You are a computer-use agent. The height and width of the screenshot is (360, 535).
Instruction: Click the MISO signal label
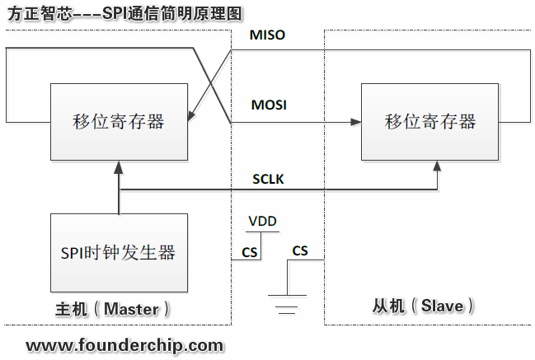point(268,35)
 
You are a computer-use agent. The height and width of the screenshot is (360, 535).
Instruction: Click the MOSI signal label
point(269,105)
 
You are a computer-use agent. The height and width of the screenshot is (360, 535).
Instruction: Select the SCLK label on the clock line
point(268,180)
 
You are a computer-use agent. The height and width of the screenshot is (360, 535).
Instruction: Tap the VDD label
point(263,221)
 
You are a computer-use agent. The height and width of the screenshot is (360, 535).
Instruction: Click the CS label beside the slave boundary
point(300,250)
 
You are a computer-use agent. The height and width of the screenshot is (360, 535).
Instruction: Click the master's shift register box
point(119,122)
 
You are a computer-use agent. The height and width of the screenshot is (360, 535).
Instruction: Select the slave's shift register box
point(430,122)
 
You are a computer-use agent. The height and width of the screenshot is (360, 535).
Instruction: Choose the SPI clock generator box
point(119,252)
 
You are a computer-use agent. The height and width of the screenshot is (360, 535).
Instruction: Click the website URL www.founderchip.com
point(124,344)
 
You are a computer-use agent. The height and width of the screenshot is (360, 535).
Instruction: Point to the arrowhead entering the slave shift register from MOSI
point(356,122)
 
